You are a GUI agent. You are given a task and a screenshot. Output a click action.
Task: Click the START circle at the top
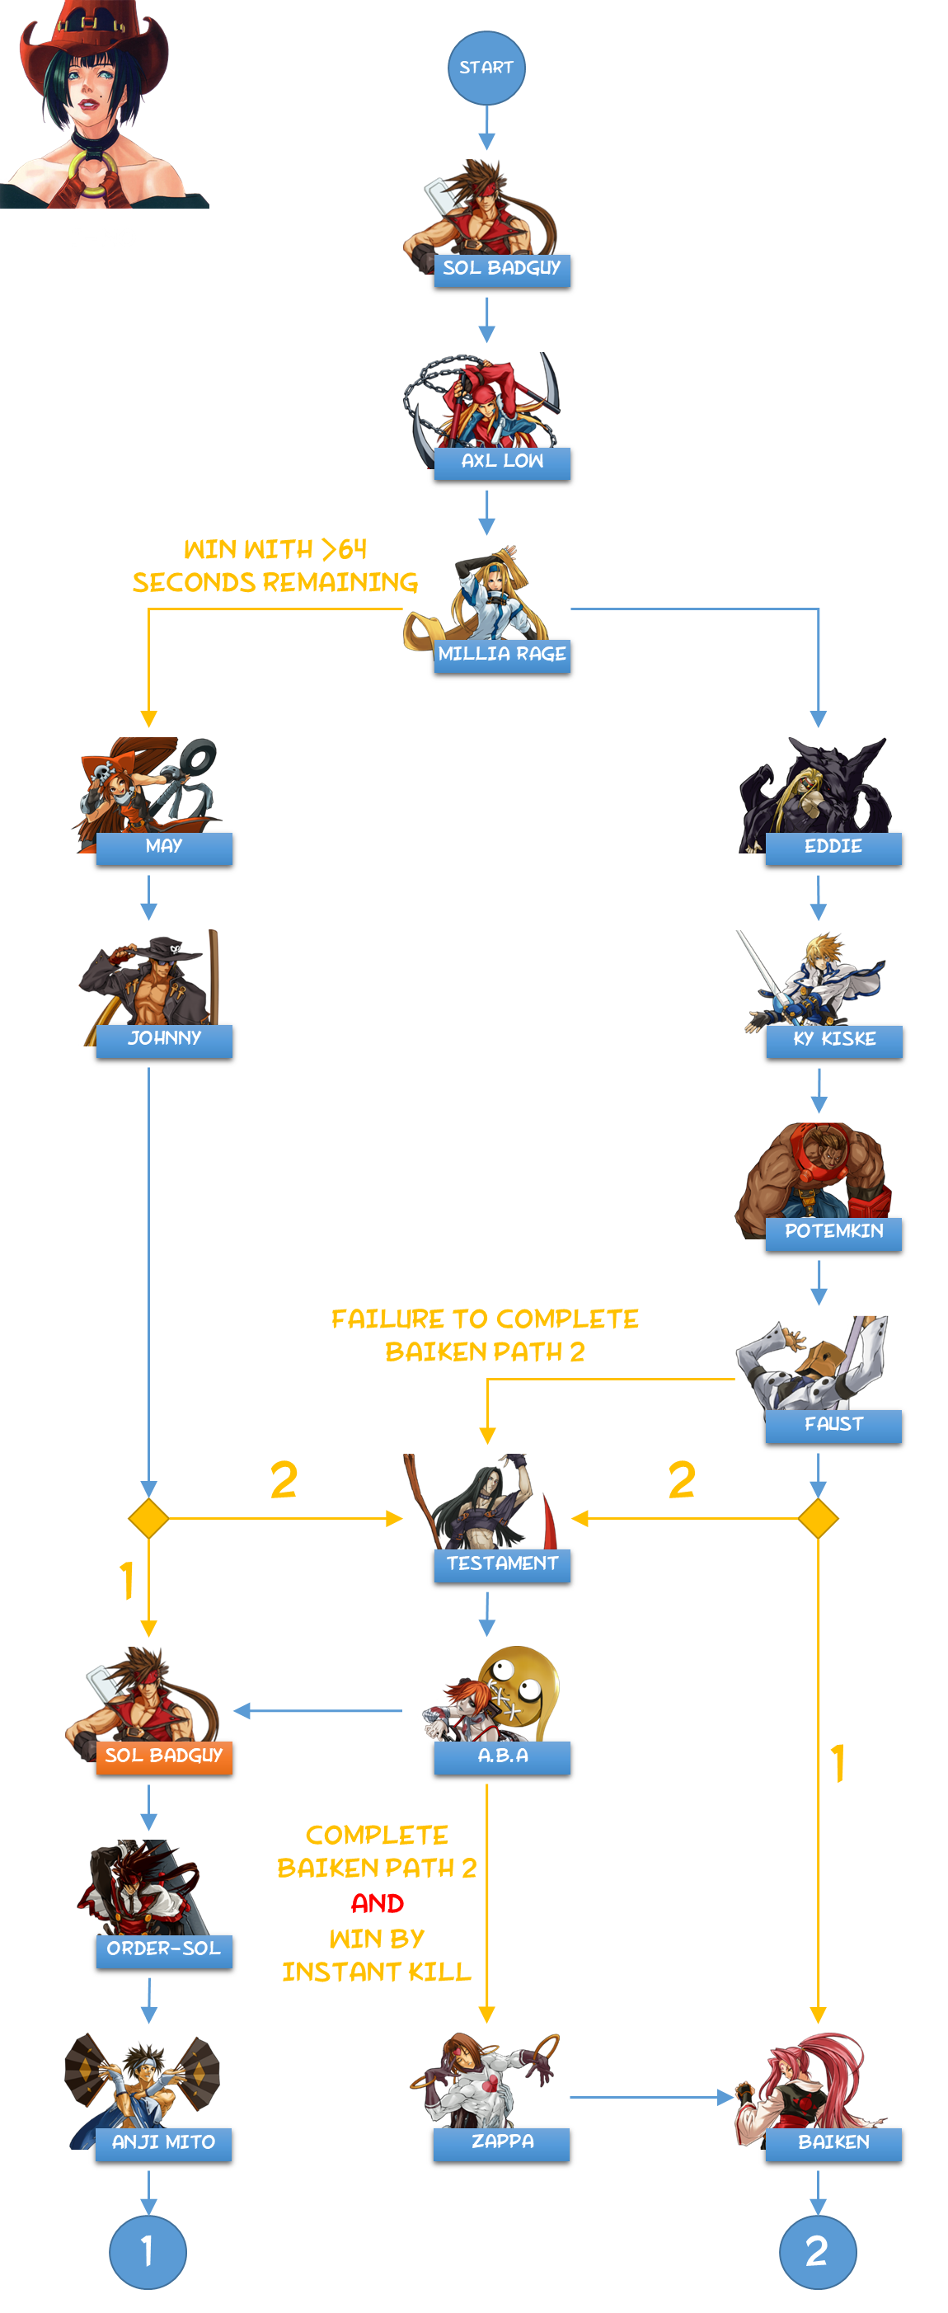tap(486, 68)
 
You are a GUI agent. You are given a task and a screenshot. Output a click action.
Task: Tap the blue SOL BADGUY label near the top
tap(502, 269)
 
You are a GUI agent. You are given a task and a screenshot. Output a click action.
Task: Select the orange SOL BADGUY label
tap(163, 1756)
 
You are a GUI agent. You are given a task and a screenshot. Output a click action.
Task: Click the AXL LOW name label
tap(502, 462)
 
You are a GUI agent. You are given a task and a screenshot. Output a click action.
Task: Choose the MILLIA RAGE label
tap(502, 655)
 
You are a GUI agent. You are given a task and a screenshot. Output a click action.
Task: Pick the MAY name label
tap(164, 847)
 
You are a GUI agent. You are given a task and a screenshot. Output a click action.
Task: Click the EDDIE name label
tap(833, 847)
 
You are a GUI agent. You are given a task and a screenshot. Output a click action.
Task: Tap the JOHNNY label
tap(164, 1039)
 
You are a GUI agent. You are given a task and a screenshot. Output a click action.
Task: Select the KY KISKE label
tap(834, 1040)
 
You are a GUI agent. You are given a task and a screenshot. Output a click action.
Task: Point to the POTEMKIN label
tap(833, 1232)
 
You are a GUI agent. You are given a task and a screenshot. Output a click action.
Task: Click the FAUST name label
tap(833, 1425)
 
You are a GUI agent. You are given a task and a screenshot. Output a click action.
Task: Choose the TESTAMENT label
tap(502, 1564)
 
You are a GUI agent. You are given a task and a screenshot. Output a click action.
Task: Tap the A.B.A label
tap(502, 1756)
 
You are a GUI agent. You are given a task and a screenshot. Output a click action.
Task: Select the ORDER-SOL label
tap(164, 1949)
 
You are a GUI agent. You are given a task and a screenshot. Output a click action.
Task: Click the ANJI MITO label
tap(163, 2142)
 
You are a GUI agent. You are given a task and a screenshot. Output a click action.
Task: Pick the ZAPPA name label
tap(501, 2142)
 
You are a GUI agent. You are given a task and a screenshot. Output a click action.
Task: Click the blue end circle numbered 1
tap(148, 2251)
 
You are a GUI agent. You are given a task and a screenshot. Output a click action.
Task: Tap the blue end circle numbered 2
tap(818, 2251)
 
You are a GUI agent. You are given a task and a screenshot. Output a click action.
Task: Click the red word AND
tap(377, 1902)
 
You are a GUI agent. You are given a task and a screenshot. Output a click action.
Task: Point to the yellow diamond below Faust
tap(818, 1518)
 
